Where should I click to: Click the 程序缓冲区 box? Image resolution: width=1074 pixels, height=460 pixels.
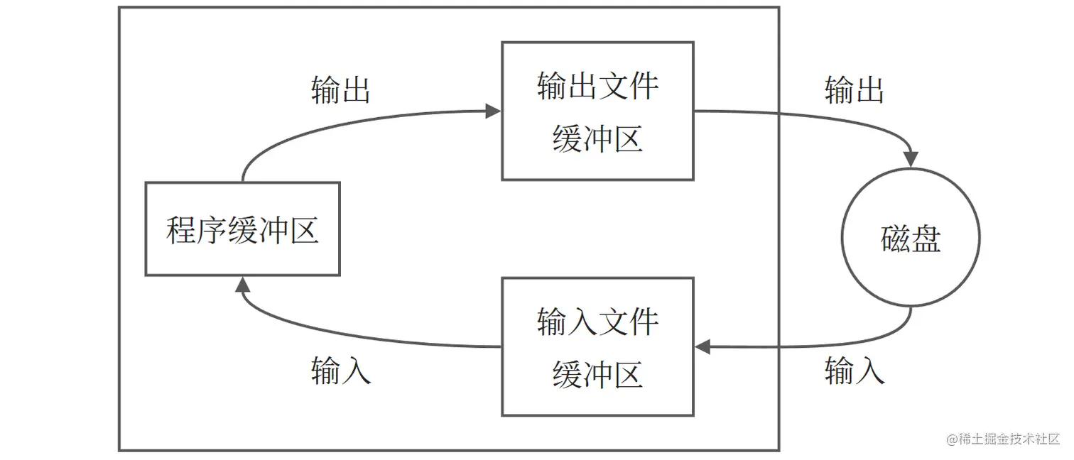click(242, 229)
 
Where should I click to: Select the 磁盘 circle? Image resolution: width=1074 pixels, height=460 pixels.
click(910, 238)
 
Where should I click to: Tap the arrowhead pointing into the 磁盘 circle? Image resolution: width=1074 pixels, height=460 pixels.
click(911, 160)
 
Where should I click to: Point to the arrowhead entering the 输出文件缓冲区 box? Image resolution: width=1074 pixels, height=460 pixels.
click(493, 111)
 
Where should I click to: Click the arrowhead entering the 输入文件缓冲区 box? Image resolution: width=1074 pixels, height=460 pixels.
click(703, 346)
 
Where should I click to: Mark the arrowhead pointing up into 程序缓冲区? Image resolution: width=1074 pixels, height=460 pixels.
click(242, 285)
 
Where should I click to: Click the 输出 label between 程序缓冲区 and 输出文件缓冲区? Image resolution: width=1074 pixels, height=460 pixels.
click(341, 90)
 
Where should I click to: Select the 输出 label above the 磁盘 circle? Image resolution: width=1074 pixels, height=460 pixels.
click(854, 90)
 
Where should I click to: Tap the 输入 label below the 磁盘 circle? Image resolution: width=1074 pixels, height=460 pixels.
click(854, 371)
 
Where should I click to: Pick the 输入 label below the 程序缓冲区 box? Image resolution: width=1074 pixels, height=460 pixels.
click(341, 371)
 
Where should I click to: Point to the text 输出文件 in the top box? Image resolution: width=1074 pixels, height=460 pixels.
click(597, 86)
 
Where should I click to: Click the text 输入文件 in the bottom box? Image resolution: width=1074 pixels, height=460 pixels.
click(597, 322)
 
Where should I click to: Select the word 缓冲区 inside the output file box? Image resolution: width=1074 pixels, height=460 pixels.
click(597, 138)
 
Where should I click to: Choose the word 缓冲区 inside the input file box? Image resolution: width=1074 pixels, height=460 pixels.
click(597, 374)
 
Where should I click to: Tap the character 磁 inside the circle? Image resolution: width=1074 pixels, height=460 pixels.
click(895, 239)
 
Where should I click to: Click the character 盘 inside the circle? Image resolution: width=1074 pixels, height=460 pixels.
click(926, 239)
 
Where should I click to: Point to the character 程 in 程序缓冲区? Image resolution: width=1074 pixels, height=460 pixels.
click(181, 230)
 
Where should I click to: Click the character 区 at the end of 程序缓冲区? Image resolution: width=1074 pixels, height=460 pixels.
click(303, 230)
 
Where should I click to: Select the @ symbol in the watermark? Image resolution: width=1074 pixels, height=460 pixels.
click(953, 439)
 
